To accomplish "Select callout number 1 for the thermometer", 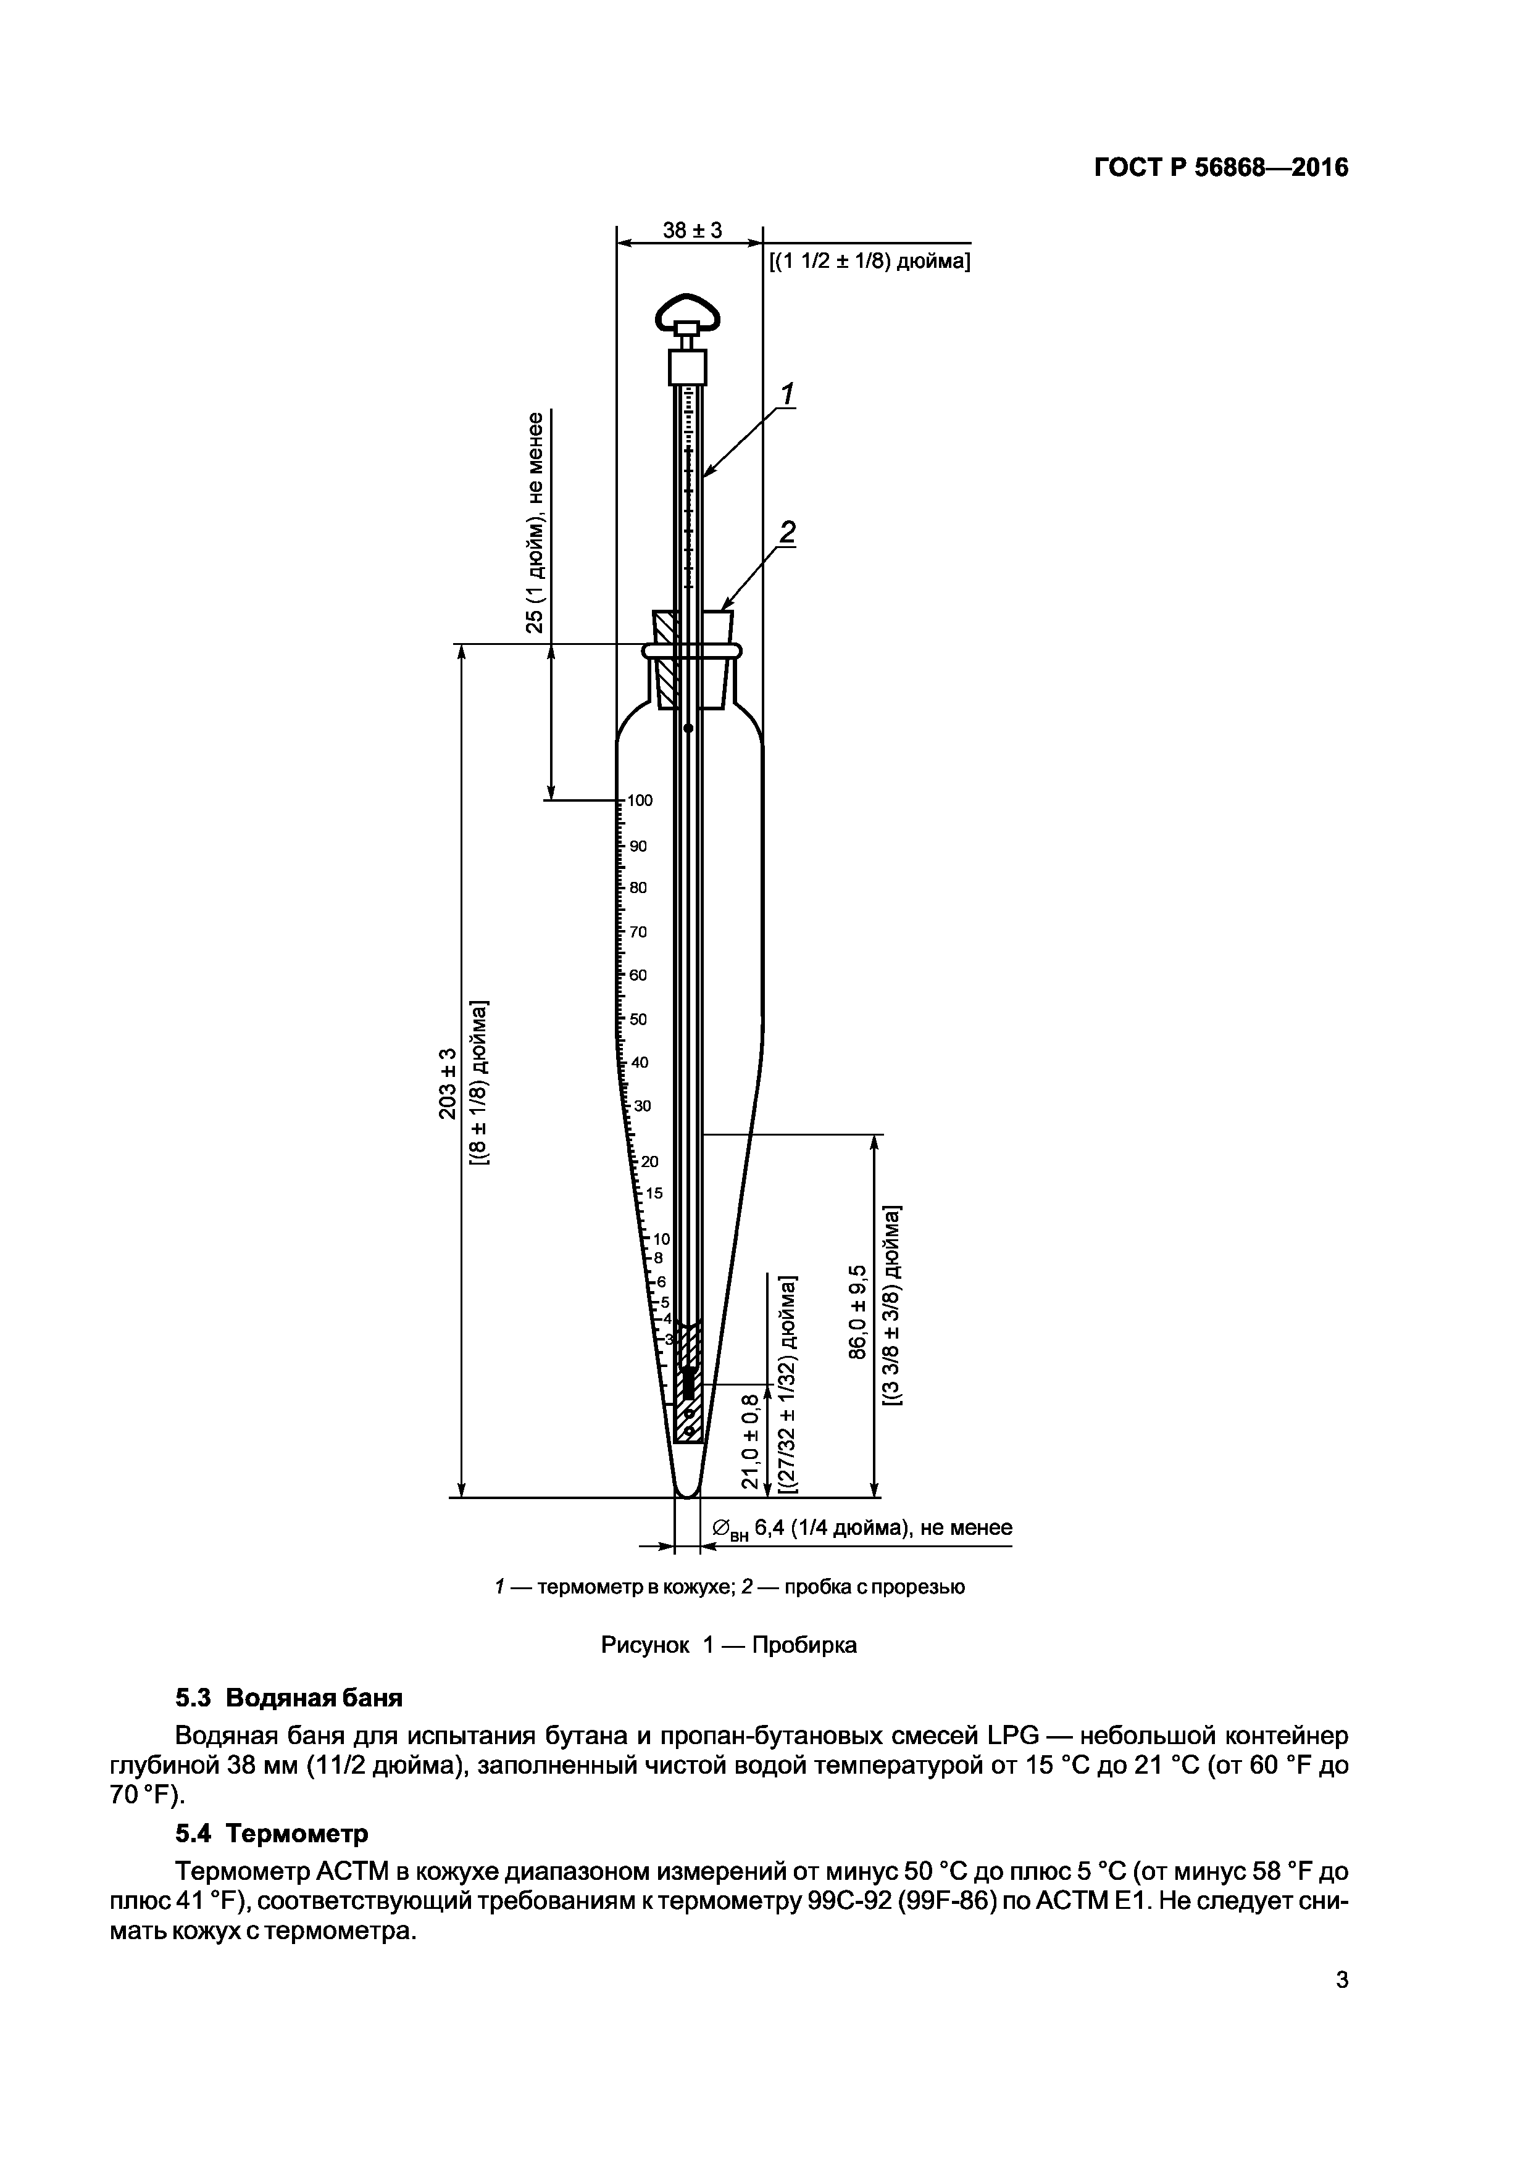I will point(786,393).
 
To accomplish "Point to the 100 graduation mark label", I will point(640,800).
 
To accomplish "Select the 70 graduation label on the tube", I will point(638,932).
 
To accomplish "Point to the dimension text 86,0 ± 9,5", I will point(856,1311).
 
